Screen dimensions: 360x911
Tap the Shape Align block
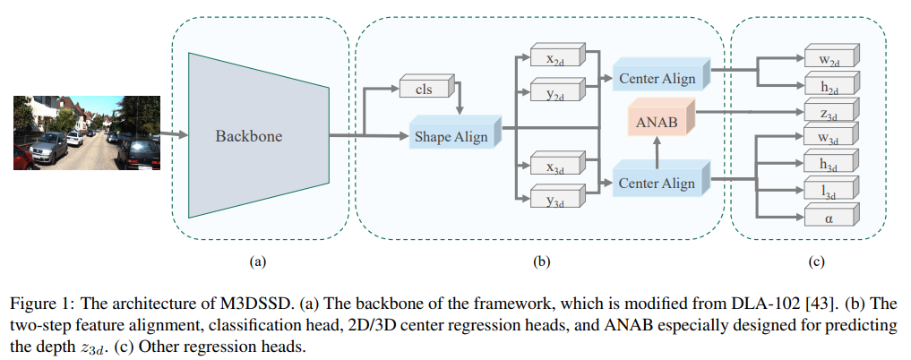tap(451, 136)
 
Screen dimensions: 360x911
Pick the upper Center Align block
tap(657, 78)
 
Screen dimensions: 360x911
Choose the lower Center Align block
tap(657, 183)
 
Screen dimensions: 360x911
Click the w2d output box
tap(828, 58)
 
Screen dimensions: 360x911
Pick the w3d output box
tap(828, 139)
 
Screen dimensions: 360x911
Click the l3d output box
tap(828, 191)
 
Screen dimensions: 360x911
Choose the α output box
tap(828, 216)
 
